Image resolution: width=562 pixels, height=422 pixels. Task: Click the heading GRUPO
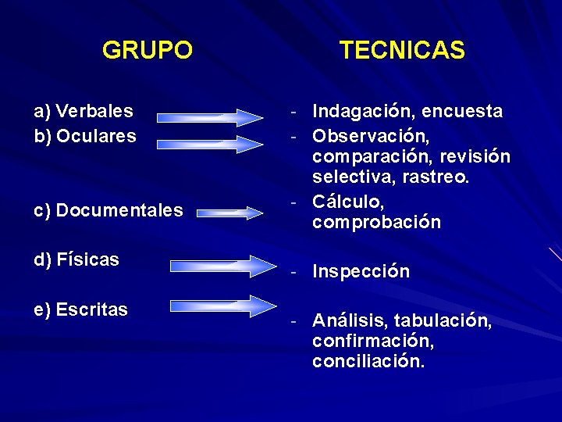tap(147, 51)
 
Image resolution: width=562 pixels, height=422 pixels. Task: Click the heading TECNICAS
tap(402, 51)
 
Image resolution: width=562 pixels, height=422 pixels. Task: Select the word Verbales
tap(94, 112)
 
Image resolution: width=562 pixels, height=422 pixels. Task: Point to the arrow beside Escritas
tap(218, 306)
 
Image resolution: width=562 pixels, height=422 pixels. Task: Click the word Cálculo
tap(348, 202)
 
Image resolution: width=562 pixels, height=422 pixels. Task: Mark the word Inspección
tap(361, 272)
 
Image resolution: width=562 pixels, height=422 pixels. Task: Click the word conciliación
tap(368, 363)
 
